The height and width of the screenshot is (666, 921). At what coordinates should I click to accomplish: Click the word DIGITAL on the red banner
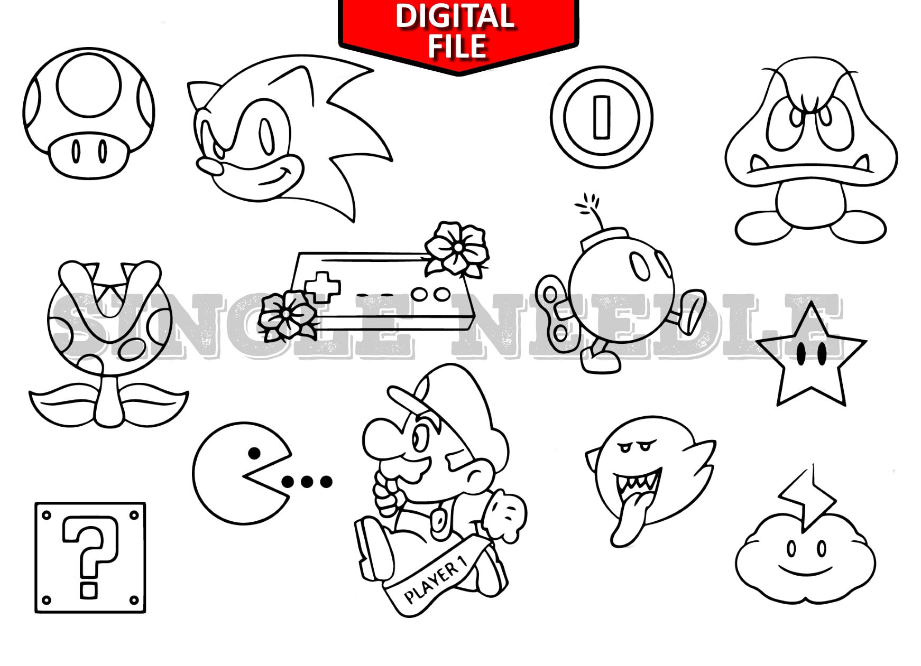(x=455, y=16)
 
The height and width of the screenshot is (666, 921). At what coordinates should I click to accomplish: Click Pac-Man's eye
(x=254, y=453)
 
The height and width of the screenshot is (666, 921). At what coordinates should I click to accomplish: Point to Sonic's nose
(x=209, y=167)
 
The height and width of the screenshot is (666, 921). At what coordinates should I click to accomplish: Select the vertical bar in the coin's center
(x=602, y=117)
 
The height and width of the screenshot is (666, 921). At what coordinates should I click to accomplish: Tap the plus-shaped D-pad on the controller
(x=321, y=286)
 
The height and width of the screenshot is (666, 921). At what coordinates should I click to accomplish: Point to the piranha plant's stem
(x=110, y=399)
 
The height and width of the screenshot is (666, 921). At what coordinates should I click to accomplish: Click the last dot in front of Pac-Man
(x=326, y=481)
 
